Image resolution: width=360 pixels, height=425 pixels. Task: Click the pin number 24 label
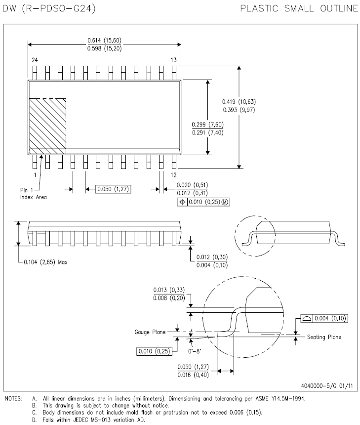(35, 60)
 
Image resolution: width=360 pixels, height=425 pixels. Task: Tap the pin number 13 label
(174, 60)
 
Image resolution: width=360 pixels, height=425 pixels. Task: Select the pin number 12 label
(174, 175)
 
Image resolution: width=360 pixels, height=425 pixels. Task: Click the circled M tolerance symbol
(225, 202)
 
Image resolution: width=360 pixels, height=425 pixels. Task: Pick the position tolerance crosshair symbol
(182, 202)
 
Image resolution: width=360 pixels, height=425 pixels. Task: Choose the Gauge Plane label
(150, 332)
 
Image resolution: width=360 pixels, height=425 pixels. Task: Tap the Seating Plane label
(324, 337)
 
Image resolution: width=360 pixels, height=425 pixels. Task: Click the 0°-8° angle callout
(195, 351)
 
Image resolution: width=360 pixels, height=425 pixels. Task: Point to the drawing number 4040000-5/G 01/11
(327, 385)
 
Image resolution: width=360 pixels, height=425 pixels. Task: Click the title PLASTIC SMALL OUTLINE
(299, 8)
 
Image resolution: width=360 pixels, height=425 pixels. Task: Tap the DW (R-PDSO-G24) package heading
(49, 8)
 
